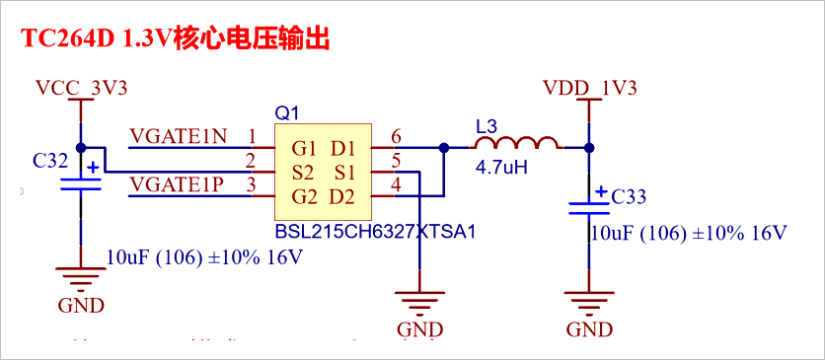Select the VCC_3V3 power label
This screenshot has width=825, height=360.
(x=81, y=88)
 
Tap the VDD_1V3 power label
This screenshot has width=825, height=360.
(x=588, y=88)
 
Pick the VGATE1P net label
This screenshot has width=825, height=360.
(x=179, y=182)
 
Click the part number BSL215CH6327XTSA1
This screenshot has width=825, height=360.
(x=376, y=233)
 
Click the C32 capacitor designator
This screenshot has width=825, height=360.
(x=50, y=159)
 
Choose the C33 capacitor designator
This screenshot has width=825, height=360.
(x=629, y=197)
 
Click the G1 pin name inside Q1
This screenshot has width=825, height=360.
(x=304, y=149)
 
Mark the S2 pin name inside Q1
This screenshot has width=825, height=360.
(x=303, y=172)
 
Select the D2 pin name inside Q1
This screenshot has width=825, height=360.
(x=341, y=195)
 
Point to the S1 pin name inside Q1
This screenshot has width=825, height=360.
(x=342, y=172)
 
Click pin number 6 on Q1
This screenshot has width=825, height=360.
(x=396, y=136)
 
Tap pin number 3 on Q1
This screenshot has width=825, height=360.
(x=252, y=183)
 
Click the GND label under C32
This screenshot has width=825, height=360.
(x=81, y=305)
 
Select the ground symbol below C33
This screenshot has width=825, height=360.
(x=588, y=300)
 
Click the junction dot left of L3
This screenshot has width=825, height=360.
(x=444, y=148)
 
